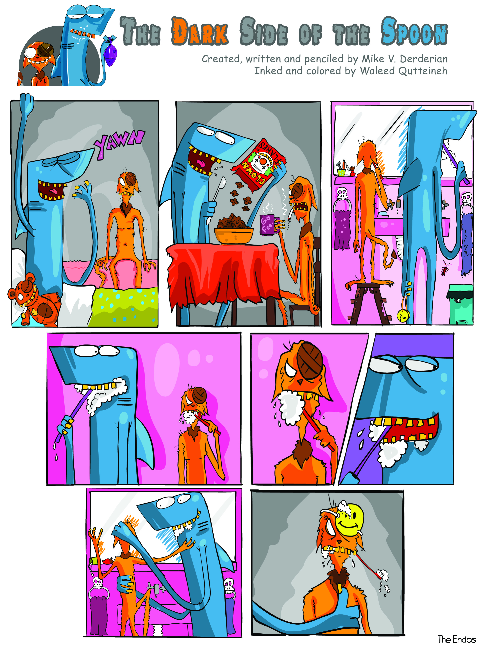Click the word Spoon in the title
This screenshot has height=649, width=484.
click(414, 31)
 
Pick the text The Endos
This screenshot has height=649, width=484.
click(456, 639)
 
